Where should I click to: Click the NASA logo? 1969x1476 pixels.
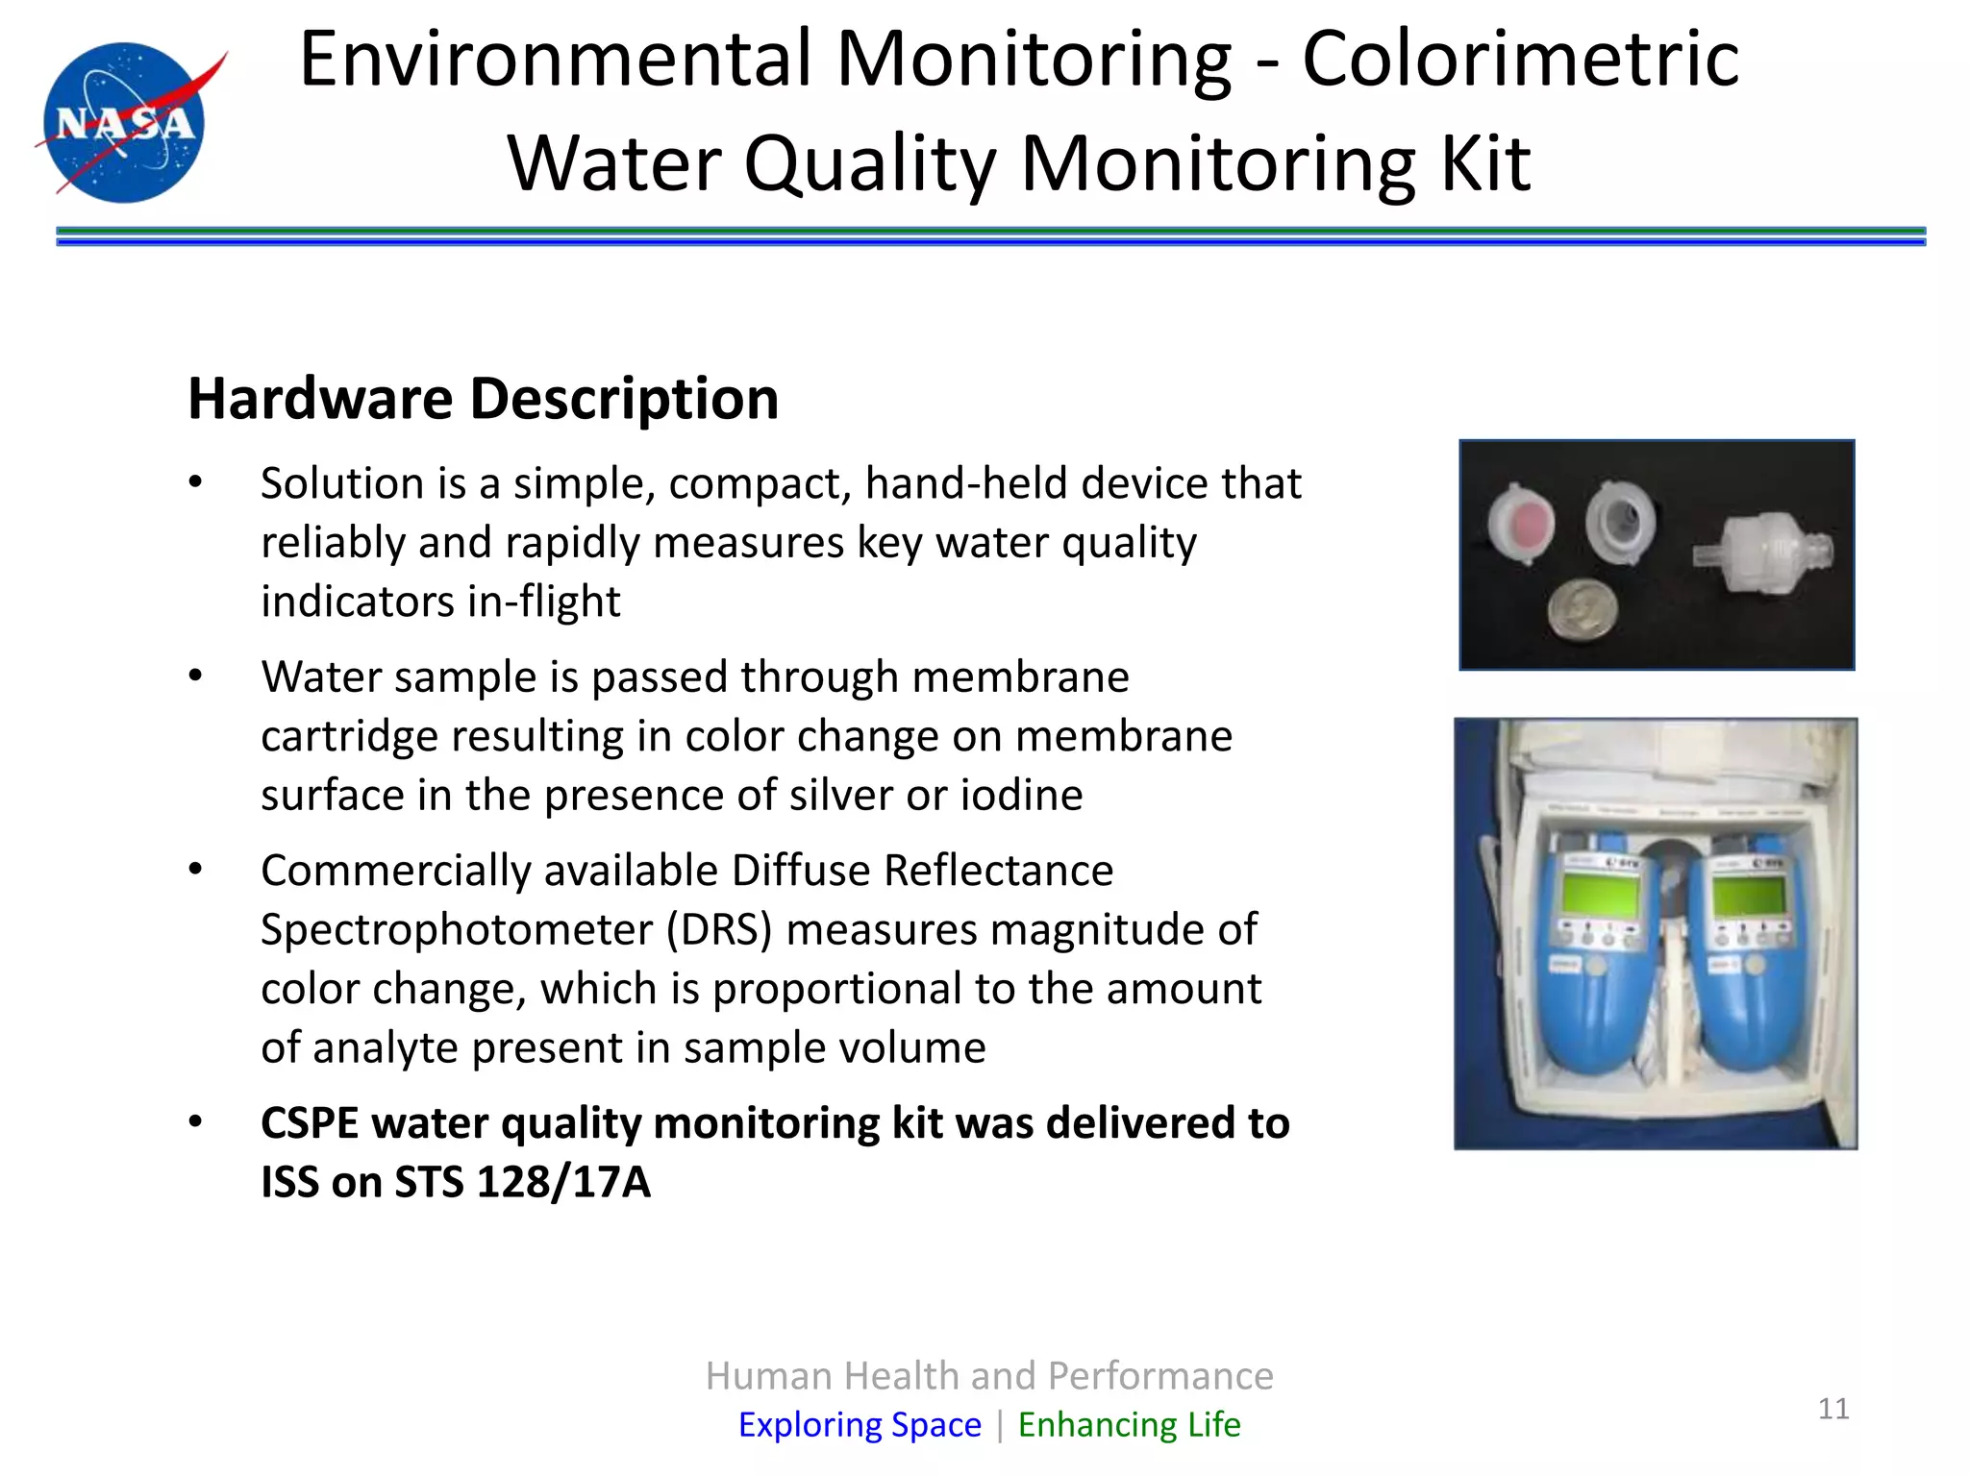[125, 122]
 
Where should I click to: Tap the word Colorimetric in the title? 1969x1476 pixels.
[1520, 60]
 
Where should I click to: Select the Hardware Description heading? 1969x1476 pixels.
[483, 398]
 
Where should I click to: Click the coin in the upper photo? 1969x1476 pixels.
[1583, 609]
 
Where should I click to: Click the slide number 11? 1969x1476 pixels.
[1833, 1409]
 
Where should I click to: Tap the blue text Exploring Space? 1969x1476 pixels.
[860, 1424]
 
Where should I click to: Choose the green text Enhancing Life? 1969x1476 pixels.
[1129, 1424]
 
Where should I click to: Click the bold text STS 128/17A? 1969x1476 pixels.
[522, 1182]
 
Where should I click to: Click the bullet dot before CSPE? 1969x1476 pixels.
[196, 1121]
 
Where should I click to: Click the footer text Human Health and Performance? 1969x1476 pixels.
[989, 1375]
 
